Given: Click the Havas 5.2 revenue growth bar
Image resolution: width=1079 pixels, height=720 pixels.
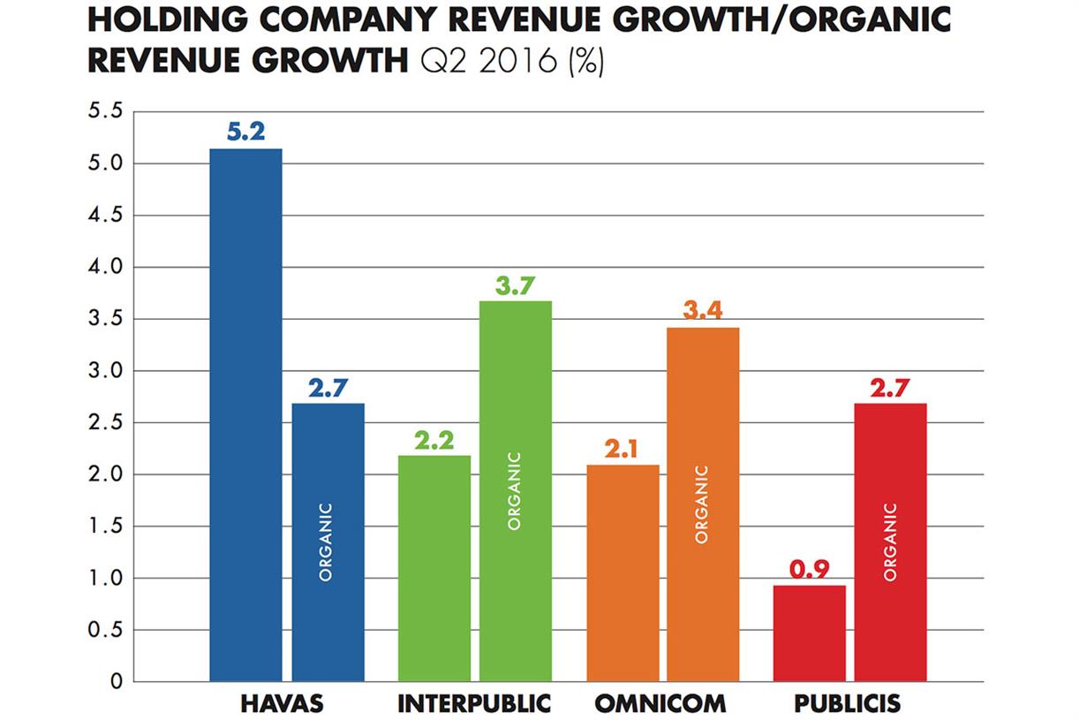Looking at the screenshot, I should click(x=245, y=415).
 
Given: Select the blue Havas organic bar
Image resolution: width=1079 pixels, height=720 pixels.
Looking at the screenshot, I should click(x=328, y=542).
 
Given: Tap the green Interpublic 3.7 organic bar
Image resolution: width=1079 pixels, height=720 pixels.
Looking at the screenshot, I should click(x=516, y=491).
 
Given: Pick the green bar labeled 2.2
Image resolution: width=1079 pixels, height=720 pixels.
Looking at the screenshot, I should click(x=434, y=568).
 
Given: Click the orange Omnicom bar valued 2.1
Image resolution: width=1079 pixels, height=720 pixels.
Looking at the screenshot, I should click(x=622, y=572).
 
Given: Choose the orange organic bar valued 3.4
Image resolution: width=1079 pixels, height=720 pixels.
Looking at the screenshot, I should click(x=703, y=504).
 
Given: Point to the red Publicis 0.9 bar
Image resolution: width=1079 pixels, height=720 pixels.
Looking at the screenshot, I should click(x=810, y=633).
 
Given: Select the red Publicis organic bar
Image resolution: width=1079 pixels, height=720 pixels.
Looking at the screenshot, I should click(x=890, y=542).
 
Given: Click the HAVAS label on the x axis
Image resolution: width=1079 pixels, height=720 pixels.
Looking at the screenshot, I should click(x=282, y=704).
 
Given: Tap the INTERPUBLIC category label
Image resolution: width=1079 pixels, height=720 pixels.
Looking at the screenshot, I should click(x=474, y=704).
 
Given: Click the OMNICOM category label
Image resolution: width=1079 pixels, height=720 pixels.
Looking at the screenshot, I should click(x=660, y=704).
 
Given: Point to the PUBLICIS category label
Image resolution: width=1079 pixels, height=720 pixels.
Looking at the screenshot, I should click(x=847, y=704).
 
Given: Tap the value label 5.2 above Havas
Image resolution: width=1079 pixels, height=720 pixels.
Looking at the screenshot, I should click(x=245, y=133).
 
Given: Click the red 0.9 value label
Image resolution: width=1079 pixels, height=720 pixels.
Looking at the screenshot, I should click(x=810, y=570).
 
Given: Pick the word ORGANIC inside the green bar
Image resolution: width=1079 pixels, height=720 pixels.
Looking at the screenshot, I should click(x=515, y=491).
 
